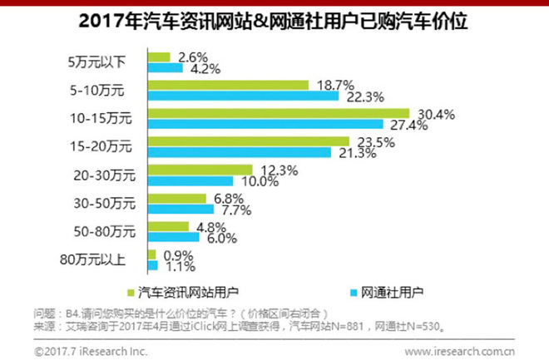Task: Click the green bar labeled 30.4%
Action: tap(279, 113)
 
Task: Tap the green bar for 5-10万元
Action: tap(228, 85)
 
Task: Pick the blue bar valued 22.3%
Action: tap(243, 96)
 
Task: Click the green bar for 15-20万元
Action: tap(248, 141)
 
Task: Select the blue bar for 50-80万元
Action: tap(173, 237)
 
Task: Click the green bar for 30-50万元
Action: tap(176, 198)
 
